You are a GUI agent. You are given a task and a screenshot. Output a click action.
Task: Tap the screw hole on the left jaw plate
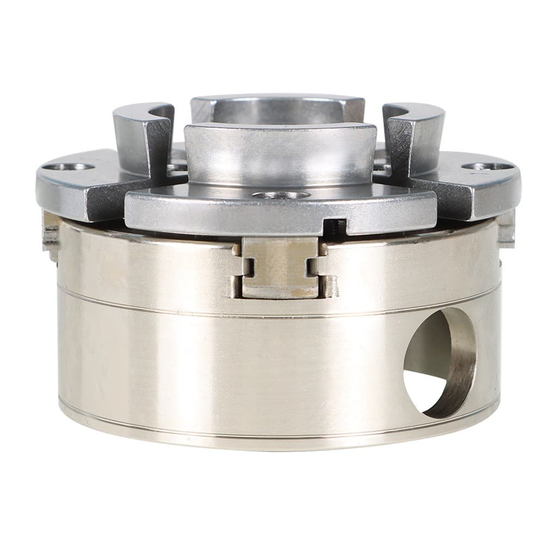coord(69,166)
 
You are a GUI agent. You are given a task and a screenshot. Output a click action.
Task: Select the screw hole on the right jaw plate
coord(485,166)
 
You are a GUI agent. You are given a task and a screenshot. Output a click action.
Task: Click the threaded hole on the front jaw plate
coord(281,195)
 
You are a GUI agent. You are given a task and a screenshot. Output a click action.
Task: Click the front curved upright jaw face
coord(280,155)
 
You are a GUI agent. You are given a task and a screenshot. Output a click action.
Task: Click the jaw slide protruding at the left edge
coord(51,234)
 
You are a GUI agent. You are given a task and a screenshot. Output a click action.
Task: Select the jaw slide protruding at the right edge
coord(506,228)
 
